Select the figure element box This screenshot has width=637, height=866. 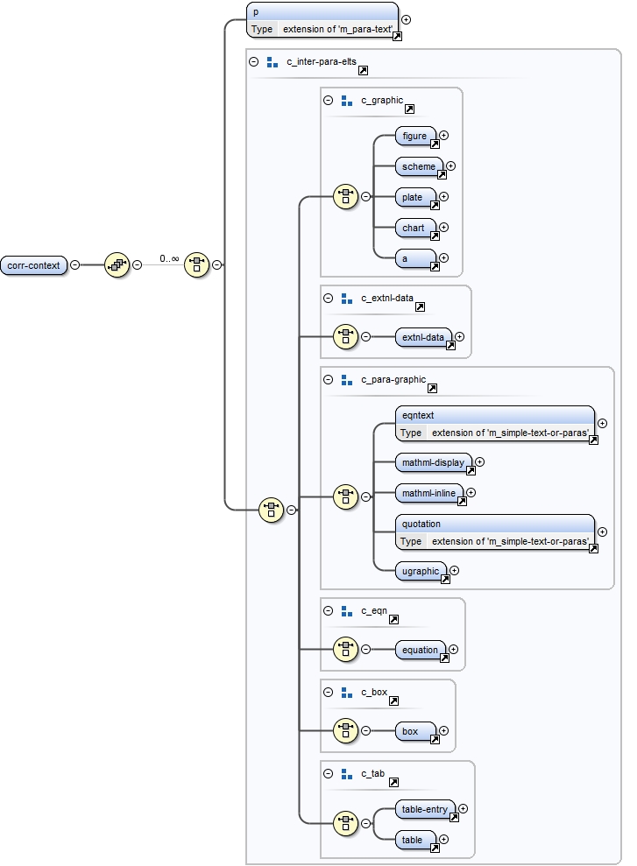click(x=415, y=137)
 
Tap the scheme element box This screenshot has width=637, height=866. click(x=419, y=166)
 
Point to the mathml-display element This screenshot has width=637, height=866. click(x=434, y=462)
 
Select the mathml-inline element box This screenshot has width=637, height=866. click(x=429, y=493)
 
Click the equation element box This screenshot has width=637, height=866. click(x=421, y=651)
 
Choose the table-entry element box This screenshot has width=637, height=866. click(x=425, y=809)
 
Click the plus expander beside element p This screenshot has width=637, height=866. click(x=406, y=19)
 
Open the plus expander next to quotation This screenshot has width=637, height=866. click(x=602, y=532)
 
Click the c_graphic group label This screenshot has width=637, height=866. click(x=382, y=101)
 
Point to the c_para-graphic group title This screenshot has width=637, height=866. click(x=393, y=380)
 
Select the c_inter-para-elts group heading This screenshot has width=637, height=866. click(x=320, y=62)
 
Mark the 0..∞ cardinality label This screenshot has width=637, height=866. click(x=169, y=259)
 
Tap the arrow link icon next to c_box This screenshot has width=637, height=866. click(x=393, y=701)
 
